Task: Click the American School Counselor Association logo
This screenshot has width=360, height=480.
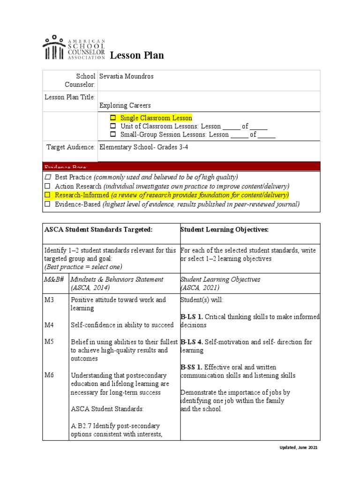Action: [x=74, y=47]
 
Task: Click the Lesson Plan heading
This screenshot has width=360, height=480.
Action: [x=137, y=56]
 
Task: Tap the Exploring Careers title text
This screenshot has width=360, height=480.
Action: [x=125, y=105]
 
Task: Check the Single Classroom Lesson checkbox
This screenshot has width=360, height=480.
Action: [x=112, y=118]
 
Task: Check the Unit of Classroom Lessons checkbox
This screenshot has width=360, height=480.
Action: [x=112, y=127]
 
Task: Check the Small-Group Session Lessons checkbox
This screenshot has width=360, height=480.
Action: [x=112, y=135]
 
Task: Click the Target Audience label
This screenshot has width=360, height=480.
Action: [x=71, y=147]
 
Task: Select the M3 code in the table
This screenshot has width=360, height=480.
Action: [x=49, y=300]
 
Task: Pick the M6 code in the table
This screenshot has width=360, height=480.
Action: [x=49, y=375]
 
